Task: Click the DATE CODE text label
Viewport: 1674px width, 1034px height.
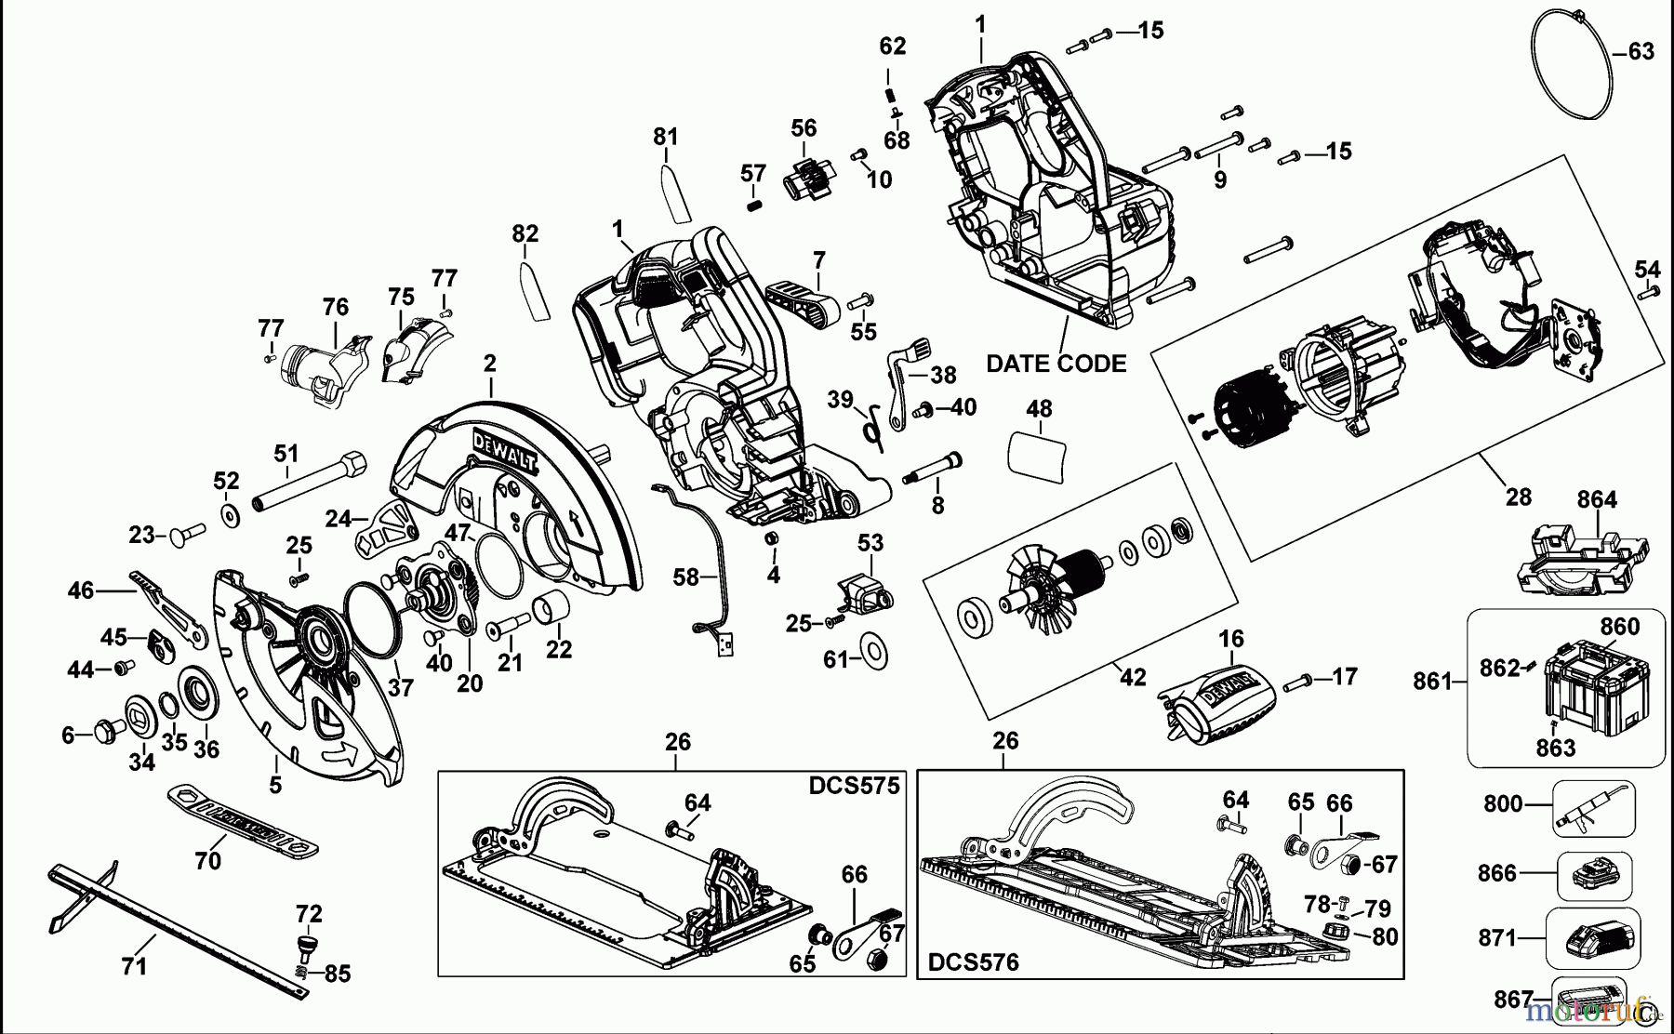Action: click(1056, 364)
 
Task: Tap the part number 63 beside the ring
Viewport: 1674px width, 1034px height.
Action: click(1641, 52)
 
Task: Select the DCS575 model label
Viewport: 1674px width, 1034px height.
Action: click(854, 787)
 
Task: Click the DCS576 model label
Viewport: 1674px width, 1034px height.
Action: click(974, 962)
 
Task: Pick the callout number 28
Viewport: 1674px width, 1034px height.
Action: click(1518, 497)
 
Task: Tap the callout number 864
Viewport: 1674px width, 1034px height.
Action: click(1596, 500)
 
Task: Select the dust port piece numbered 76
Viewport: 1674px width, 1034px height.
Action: click(321, 367)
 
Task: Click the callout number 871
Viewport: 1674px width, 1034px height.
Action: click(1497, 938)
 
